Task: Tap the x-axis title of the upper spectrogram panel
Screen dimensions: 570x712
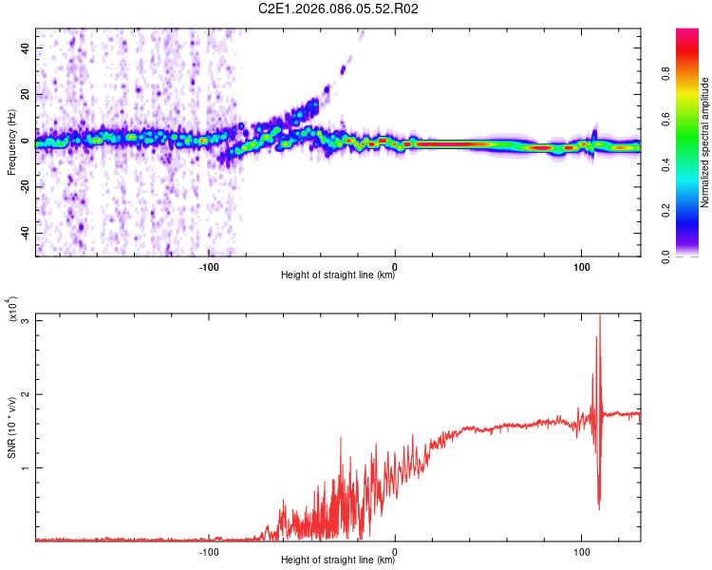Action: [338, 275]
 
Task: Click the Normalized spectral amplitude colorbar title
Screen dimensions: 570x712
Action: [704, 142]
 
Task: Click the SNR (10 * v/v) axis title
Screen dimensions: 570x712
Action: [12, 427]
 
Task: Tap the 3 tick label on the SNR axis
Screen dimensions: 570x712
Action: [26, 320]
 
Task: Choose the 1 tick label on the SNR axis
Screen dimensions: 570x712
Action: [26, 468]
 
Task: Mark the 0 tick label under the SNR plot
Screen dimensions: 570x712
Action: [395, 550]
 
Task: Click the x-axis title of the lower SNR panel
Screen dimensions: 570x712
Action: [338, 560]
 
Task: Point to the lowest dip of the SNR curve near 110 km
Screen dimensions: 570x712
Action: [599, 509]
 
